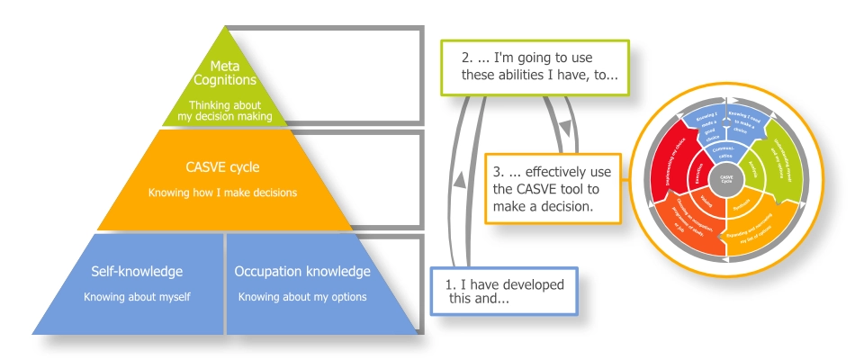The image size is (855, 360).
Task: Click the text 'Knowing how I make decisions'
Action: [221, 193]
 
